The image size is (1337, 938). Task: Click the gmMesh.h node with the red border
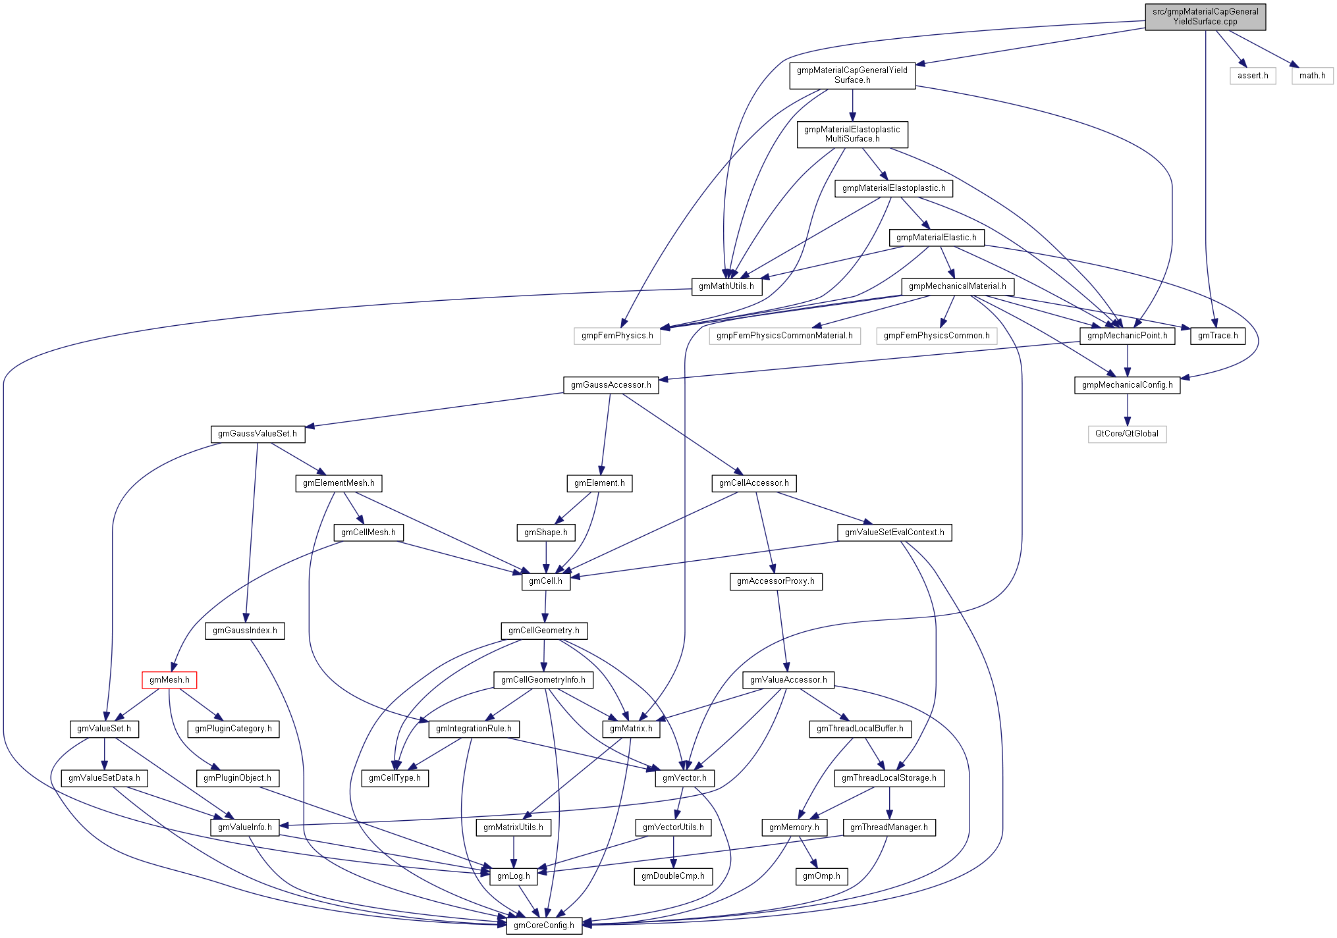coord(169,680)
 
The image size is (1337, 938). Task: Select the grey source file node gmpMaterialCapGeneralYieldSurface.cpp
coord(1205,16)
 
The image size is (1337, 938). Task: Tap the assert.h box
coord(1252,76)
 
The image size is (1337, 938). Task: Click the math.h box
coord(1312,76)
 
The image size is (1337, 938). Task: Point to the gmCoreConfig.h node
coord(543,925)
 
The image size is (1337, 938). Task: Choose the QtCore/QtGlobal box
coord(1126,434)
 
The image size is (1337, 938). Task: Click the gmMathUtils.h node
coord(726,286)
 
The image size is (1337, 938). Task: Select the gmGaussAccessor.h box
coord(611,385)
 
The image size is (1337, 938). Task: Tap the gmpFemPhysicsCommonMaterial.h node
coord(784,336)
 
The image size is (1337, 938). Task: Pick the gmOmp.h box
coord(821,876)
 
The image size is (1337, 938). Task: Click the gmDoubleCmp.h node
coord(672,876)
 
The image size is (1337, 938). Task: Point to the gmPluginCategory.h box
coord(233,729)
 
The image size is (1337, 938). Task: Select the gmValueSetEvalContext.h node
coord(894,533)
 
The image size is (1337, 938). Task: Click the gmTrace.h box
coord(1217,336)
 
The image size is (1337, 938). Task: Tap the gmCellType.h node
coord(395,778)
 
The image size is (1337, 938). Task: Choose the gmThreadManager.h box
coord(888,827)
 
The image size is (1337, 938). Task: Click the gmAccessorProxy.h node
coord(775,581)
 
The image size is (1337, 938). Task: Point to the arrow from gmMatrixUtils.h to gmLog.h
coord(514,852)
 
